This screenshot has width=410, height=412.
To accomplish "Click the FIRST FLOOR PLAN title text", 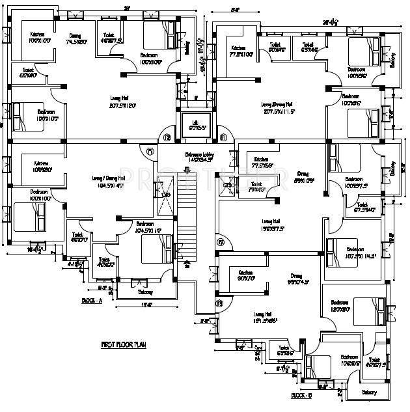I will [123, 344].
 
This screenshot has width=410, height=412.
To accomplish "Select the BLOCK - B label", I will [301, 395].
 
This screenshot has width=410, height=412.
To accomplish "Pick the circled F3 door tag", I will [220, 304].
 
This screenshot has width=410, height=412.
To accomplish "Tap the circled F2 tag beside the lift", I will [167, 137].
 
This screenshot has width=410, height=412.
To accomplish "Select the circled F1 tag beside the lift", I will [223, 137].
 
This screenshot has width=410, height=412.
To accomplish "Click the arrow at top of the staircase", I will [187, 171].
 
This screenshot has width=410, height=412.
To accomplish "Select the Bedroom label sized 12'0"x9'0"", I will [340, 306].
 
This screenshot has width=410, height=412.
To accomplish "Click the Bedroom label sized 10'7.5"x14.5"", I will [355, 253].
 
